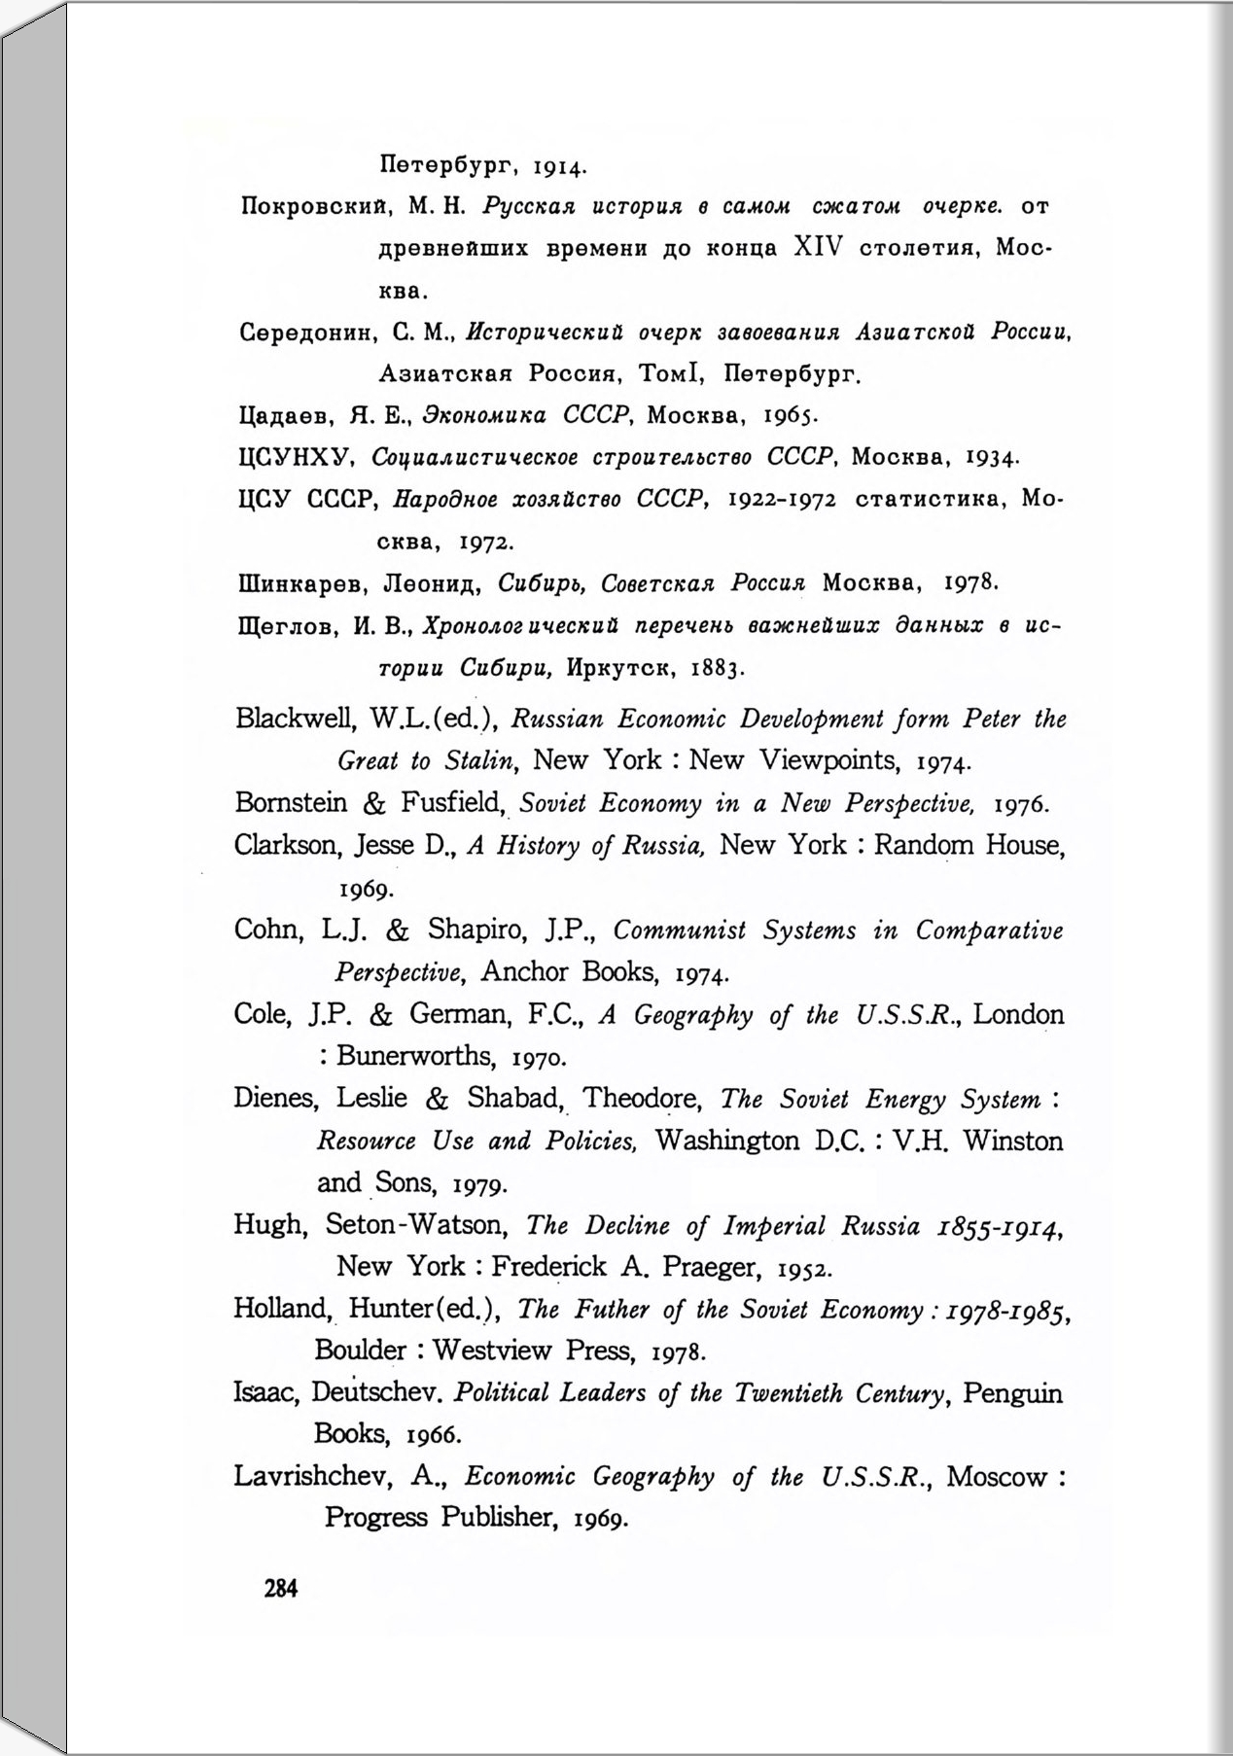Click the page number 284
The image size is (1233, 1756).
tap(280, 1589)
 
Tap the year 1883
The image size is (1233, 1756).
tap(718, 669)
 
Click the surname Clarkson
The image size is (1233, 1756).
tap(285, 845)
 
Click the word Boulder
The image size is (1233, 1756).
tap(361, 1351)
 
